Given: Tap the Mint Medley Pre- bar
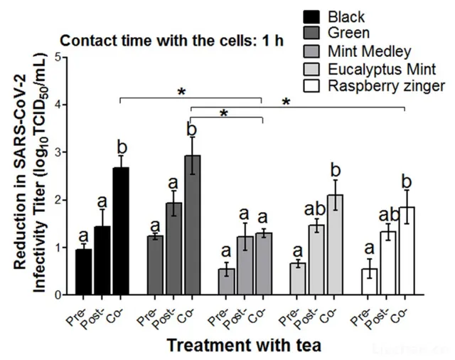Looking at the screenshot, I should tap(226, 282).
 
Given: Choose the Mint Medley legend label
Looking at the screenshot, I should tap(365, 51).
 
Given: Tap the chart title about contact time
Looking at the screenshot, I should tap(171, 41).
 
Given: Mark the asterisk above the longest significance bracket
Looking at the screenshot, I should tap(286, 101).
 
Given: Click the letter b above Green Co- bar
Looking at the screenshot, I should tap(191, 129).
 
